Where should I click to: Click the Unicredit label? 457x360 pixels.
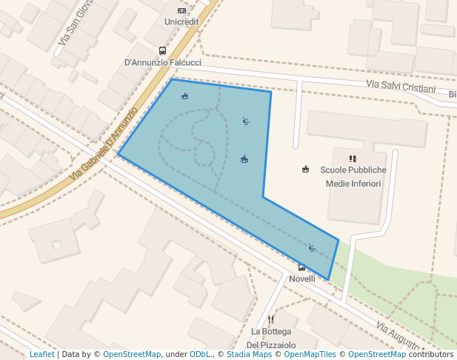(181, 22)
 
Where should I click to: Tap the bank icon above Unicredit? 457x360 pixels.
(181, 10)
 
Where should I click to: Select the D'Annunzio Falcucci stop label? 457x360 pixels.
(162, 63)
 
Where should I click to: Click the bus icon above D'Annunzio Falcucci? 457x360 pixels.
(162, 51)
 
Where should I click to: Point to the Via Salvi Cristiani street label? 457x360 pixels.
(401, 87)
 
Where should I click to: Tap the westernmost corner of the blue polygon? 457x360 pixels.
(119, 155)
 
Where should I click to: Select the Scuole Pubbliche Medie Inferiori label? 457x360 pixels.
(353, 176)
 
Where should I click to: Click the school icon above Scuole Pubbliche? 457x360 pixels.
(353, 159)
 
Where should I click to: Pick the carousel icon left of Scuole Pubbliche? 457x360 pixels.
(305, 170)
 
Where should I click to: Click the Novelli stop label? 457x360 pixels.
(301, 279)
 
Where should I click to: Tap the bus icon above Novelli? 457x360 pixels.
(301, 267)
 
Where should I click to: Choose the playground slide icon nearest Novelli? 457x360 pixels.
(312, 247)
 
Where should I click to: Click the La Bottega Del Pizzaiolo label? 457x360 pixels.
(271, 338)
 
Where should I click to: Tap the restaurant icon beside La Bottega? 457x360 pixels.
(271, 319)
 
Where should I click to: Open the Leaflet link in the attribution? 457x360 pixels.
(41, 355)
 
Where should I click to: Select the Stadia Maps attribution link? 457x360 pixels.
(249, 355)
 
